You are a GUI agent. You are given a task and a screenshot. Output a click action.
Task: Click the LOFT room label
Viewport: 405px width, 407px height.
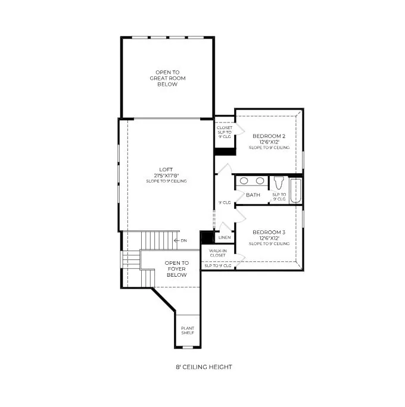(166, 170)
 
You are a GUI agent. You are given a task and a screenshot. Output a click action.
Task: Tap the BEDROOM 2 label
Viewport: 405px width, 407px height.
(269, 136)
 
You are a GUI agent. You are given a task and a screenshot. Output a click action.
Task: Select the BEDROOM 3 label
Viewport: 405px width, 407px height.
(269, 232)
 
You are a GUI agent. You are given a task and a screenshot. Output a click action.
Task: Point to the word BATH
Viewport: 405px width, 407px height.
(253, 195)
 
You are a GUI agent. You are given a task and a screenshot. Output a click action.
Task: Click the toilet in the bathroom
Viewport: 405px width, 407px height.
(279, 183)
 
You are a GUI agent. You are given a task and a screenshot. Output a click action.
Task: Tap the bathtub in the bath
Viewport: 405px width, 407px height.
(295, 190)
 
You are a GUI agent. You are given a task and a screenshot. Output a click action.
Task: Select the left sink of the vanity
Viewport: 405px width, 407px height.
(244, 181)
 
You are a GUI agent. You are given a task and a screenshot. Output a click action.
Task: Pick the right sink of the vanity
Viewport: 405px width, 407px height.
(260, 181)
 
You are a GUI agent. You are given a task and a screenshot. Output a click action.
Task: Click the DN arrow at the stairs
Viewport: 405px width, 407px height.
(177, 240)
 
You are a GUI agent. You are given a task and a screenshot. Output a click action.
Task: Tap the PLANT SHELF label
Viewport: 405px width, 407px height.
(188, 330)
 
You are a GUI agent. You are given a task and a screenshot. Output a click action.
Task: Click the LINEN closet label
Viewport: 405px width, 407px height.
(225, 237)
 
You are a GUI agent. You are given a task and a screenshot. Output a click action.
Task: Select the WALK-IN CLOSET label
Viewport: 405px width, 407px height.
(218, 253)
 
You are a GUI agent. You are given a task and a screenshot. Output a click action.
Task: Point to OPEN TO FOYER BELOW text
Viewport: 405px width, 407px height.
(177, 269)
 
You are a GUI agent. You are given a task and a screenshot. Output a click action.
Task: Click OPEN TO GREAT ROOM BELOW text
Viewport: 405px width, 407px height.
(167, 78)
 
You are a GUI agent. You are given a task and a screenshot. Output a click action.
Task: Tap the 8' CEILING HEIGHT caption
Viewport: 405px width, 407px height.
(204, 367)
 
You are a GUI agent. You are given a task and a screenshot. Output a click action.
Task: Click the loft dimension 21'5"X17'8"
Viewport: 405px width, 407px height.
(166, 176)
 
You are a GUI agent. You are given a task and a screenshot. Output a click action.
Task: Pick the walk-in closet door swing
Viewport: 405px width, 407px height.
(240, 261)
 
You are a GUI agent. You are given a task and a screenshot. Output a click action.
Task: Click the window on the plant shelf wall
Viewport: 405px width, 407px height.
(188, 347)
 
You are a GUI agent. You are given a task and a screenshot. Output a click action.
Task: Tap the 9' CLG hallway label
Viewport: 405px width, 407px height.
(225, 202)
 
